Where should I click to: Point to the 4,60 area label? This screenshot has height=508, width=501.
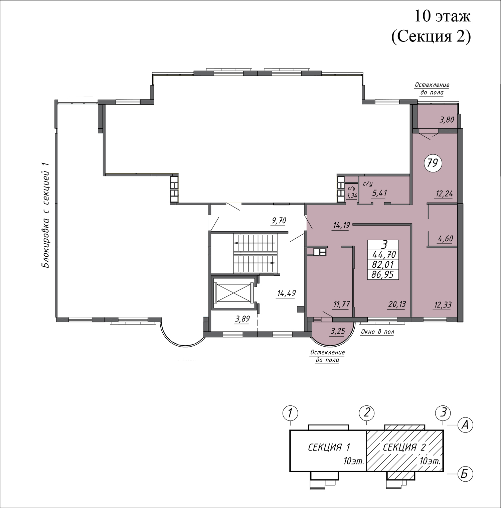(446, 239)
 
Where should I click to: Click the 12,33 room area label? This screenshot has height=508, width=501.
(444, 304)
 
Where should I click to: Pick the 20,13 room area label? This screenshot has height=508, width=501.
(397, 304)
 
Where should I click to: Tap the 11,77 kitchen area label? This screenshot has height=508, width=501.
(341, 304)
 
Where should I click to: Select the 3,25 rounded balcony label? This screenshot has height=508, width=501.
(337, 332)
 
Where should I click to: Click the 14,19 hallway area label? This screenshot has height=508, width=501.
(341, 225)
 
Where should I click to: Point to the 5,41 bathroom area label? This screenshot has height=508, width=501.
(379, 193)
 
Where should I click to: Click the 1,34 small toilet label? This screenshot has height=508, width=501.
(352, 196)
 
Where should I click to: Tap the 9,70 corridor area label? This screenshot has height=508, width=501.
(279, 220)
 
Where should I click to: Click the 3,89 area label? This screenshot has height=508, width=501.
(242, 319)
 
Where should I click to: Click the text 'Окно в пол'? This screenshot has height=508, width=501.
(377, 332)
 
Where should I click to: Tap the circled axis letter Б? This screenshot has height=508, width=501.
(464, 474)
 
